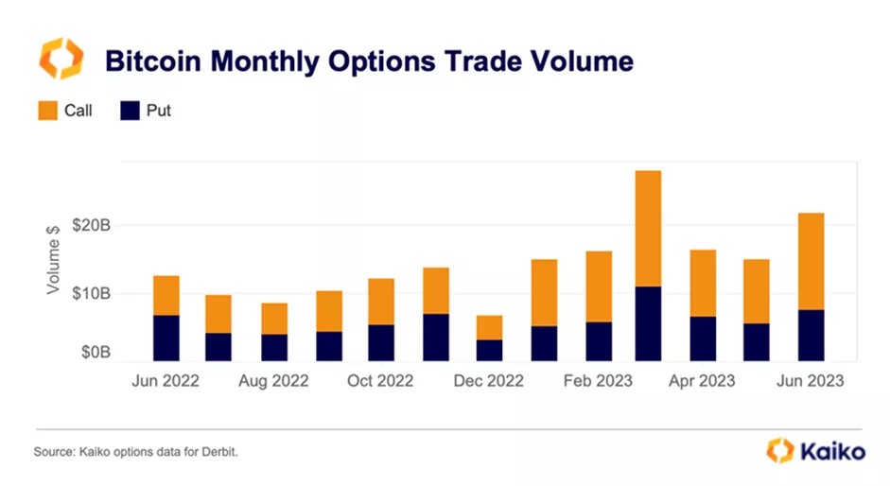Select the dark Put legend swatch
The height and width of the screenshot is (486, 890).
click(130, 111)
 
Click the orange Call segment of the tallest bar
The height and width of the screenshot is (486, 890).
click(648, 228)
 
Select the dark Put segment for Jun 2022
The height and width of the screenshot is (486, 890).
click(166, 338)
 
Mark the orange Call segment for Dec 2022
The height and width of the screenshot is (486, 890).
click(489, 327)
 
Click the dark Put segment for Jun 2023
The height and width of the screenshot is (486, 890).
click(811, 335)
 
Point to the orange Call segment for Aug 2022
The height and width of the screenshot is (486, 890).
click(274, 319)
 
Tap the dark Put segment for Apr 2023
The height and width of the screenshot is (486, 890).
click(703, 338)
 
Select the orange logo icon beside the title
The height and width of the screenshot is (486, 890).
click(60, 59)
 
